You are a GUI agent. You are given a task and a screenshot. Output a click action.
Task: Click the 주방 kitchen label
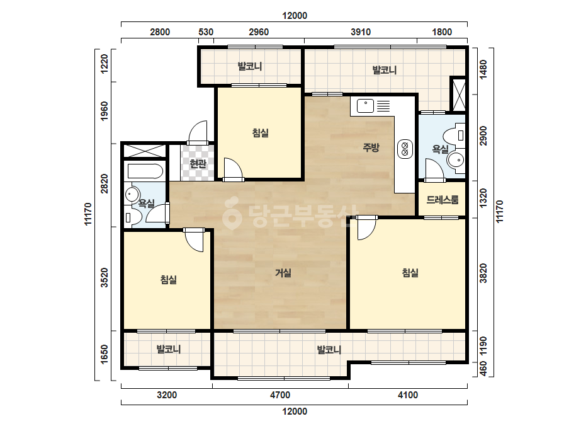coord(371,147)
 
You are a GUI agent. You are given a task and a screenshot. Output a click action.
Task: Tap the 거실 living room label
coord(283,273)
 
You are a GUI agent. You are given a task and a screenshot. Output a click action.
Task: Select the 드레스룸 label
coord(443,200)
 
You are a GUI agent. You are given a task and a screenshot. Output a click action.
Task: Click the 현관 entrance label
coord(198,163)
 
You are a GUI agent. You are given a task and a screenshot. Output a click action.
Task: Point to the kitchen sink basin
coord(365,106)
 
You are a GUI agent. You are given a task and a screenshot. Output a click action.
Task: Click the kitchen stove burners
coord(405,149)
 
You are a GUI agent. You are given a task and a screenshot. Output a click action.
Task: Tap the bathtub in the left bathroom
coord(145,172)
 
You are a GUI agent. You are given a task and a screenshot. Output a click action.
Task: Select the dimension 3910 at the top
coord(361,32)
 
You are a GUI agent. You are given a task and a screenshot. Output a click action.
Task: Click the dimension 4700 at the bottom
coord(279,395)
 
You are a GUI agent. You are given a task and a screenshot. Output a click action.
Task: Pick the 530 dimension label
coord(206,32)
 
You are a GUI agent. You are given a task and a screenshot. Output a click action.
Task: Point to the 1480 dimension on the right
coord(483,69)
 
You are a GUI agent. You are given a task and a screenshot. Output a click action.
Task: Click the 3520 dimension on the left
coord(104,277)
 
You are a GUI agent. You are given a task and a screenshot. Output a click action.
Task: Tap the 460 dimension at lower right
coord(483,368)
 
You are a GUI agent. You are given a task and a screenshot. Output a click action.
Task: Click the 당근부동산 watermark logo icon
coord(232,214)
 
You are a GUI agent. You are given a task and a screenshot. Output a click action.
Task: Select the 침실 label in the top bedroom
coord(260,133)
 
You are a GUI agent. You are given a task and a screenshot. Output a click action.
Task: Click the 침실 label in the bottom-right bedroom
coord(410,273)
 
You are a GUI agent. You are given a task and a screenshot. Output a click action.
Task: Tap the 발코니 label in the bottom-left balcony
coord(168,349)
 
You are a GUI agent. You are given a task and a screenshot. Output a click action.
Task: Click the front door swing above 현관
coord(198,132)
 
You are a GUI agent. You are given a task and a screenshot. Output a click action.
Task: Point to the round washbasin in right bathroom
coord(455,160)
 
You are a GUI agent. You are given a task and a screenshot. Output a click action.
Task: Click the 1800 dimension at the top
coord(442,32)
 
